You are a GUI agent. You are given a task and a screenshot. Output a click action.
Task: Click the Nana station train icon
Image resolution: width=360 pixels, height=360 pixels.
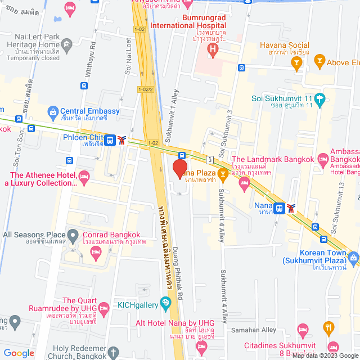click(x=279, y=208)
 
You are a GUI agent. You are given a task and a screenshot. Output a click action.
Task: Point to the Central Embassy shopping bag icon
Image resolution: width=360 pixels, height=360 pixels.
click(x=53, y=111)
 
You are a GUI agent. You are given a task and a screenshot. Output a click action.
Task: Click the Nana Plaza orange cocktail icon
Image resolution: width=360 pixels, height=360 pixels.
click(x=223, y=173)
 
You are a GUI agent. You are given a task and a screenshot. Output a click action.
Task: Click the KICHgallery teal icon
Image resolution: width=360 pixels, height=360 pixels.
click(x=165, y=304)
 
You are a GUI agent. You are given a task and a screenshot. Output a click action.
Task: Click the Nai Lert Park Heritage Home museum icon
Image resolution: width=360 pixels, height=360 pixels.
click(x=67, y=44)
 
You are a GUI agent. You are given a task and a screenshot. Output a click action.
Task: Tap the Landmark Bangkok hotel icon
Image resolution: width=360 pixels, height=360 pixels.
click(x=244, y=183)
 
